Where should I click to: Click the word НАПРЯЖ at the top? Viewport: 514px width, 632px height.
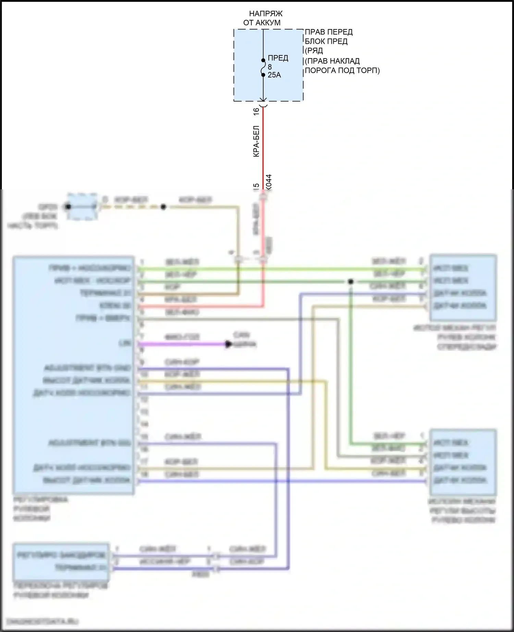point(266,14)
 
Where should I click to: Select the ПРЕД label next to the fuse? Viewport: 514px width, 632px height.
point(278,58)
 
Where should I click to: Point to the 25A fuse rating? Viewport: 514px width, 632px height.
point(274,75)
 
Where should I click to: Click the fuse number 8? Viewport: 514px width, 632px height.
point(270,67)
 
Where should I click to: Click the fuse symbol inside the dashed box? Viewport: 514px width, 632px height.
point(263,67)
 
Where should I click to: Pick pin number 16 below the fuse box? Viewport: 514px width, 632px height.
point(256,112)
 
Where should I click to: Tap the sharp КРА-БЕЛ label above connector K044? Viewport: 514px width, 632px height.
point(256,141)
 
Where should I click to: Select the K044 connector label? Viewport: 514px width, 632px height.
point(269,182)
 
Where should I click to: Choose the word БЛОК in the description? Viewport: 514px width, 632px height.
point(314,41)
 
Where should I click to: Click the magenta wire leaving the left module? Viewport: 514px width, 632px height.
point(182,344)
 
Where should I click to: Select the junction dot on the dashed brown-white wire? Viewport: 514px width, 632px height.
point(163,207)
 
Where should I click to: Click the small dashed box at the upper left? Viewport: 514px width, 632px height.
point(82,206)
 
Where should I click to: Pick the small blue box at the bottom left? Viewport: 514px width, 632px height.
point(61,561)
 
